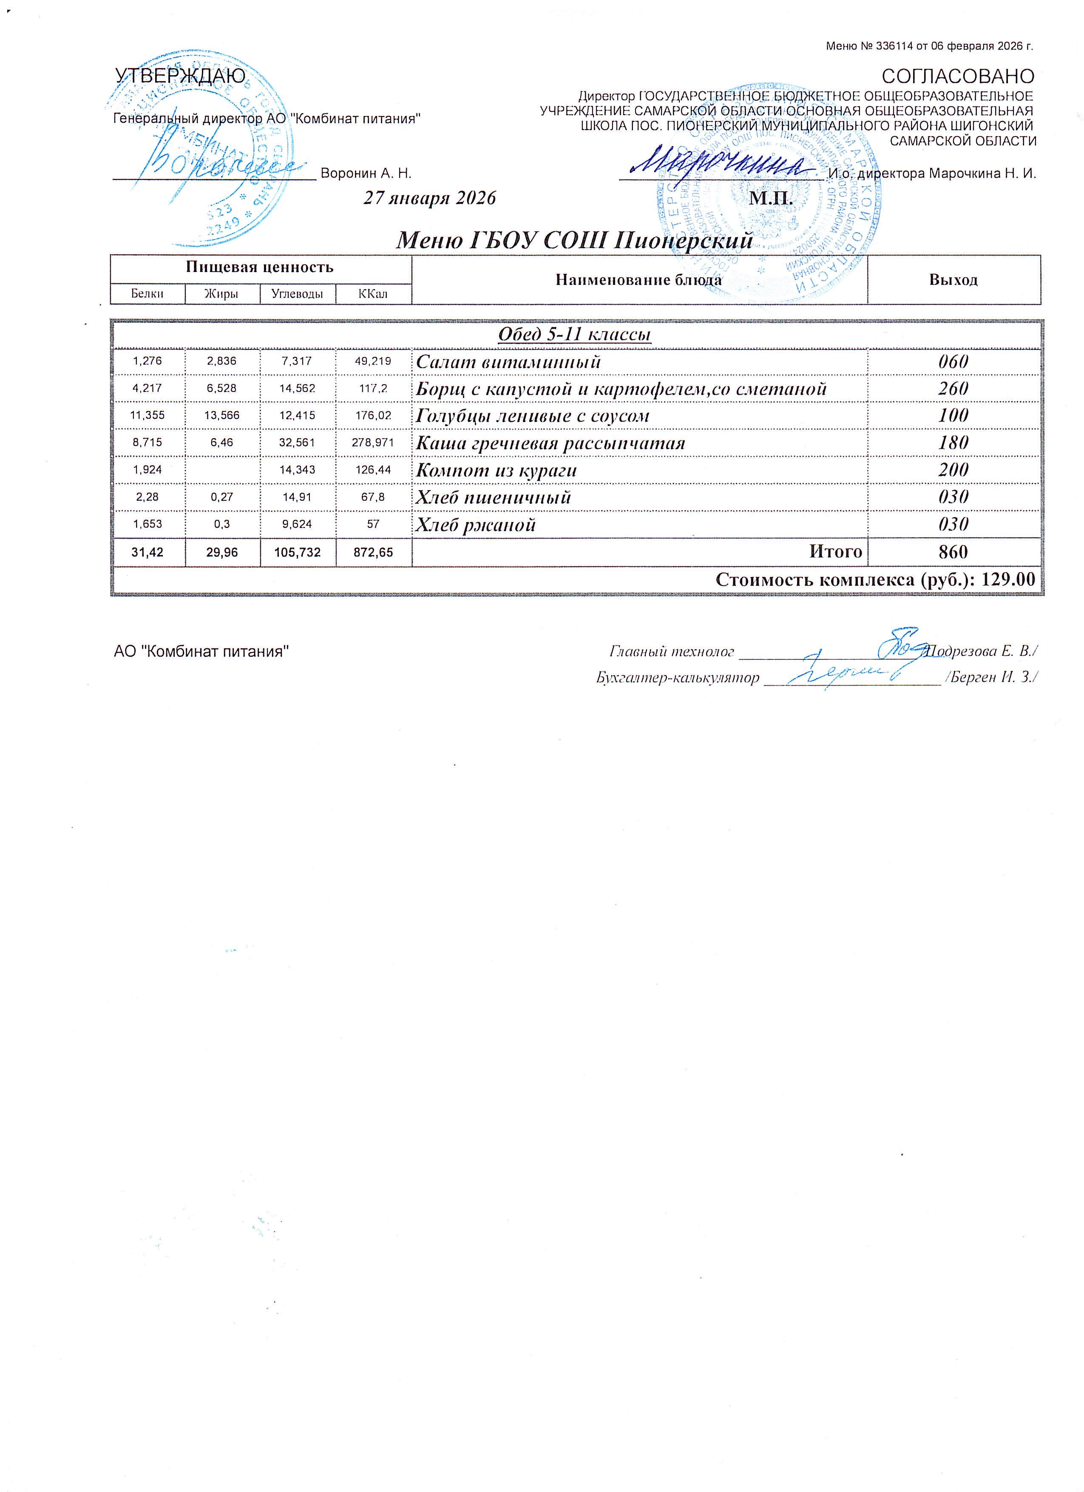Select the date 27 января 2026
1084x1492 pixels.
429,198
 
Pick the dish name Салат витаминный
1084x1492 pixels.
508,362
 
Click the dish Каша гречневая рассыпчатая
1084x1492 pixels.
551,443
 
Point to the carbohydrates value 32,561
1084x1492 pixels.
297,443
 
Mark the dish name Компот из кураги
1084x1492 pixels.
497,471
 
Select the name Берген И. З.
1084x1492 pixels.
991,677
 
